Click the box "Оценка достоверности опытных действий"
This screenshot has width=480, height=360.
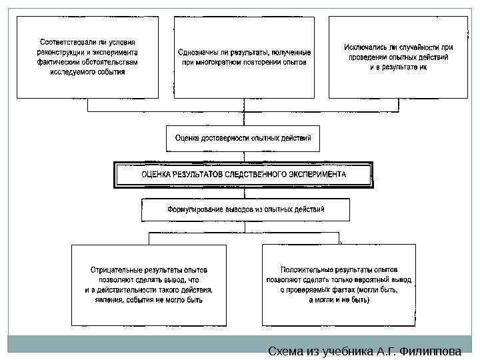pos(243,139)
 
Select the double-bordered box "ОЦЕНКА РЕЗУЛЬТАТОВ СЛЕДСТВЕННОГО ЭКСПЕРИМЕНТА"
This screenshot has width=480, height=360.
pos(243,174)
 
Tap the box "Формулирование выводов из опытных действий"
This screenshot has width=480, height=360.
pos(245,209)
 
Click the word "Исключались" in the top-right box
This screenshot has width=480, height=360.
pos(367,47)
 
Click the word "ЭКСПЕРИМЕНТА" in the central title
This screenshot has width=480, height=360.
pos(315,175)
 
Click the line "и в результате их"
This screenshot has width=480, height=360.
pos(399,67)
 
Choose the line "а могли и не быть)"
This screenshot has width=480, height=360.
pos(339,300)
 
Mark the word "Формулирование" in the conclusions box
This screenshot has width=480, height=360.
pos(193,209)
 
